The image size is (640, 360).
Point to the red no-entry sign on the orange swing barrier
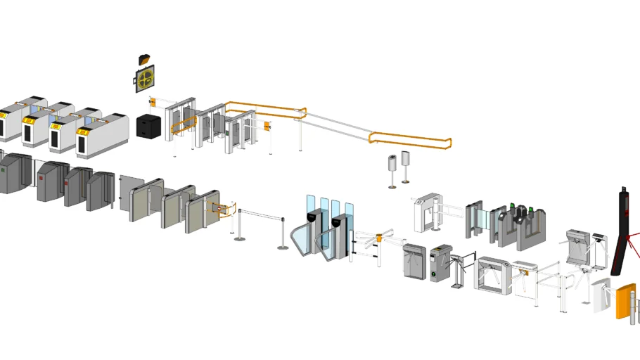pos(221,208)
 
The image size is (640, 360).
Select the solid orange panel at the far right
pos(625,300)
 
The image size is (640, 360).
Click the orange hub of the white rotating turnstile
pos(379,238)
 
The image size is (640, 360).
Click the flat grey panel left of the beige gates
pos(132,198)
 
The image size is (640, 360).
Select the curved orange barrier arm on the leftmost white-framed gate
pos(180,123)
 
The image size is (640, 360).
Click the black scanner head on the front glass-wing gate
pos(338,221)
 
